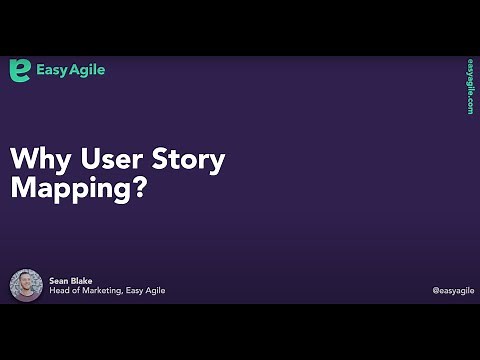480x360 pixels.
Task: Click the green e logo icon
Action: tap(20, 70)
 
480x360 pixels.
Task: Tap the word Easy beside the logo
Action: tap(52, 70)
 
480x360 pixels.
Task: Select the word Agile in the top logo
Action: tap(88, 71)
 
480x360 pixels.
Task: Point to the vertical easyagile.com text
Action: tap(469, 87)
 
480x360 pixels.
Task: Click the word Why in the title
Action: tap(36, 159)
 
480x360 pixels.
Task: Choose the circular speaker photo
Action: tap(26, 286)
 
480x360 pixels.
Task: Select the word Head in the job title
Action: tap(60, 291)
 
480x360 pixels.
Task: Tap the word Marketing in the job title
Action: tap(104, 291)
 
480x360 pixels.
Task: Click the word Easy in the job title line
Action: tap(139, 291)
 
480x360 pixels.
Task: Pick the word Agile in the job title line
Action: tap(156, 291)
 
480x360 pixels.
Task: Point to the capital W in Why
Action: tap(24, 159)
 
